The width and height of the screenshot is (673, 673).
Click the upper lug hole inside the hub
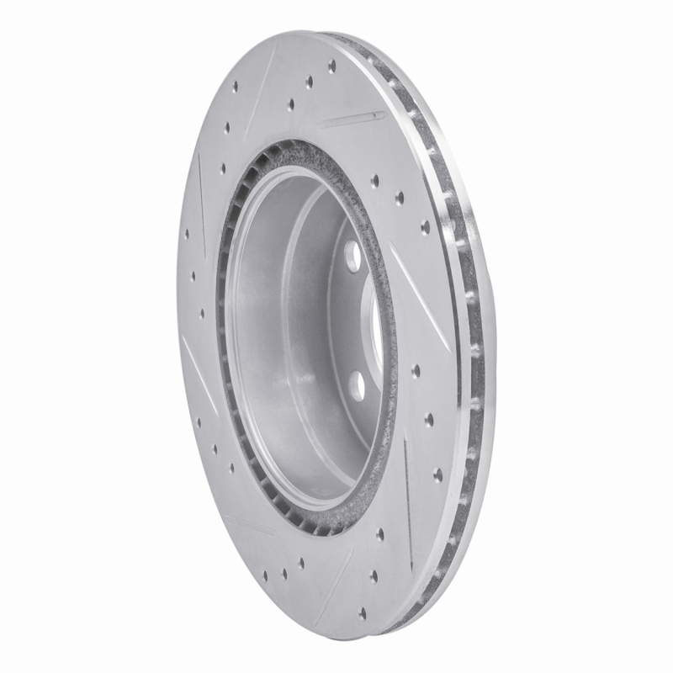pyautogui.click(x=352, y=255)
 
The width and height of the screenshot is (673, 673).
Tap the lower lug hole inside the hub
pyautogui.click(x=358, y=385)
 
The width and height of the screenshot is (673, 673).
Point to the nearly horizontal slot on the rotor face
pyautogui.click(x=350, y=119)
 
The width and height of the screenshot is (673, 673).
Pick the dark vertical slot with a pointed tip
pyautogui.click(x=408, y=496)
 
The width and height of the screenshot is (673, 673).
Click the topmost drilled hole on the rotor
pyautogui.click(x=331, y=65)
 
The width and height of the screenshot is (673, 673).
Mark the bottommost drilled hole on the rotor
pyautogui.click(x=363, y=612)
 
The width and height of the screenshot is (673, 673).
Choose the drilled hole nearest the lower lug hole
pyautogui.click(x=416, y=370)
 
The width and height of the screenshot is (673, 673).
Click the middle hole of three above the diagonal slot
pyautogui.click(x=400, y=199)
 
